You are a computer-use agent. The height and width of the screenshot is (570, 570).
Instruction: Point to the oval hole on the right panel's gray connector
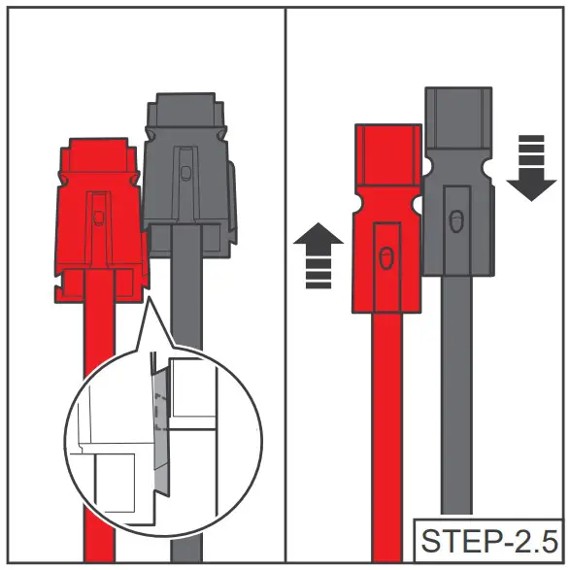coord(455,220)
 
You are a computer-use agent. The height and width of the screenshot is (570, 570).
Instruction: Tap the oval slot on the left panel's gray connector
coord(184,172)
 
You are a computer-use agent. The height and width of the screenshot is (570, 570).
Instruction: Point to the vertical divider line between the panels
coord(285,291)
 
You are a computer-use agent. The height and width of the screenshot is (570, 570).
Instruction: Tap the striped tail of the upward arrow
coord(318,271)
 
